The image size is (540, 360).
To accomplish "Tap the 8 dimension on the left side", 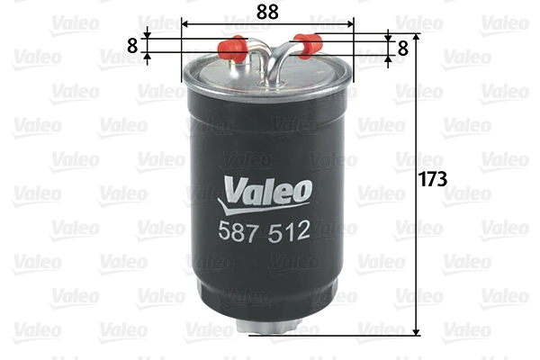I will click(133, 46).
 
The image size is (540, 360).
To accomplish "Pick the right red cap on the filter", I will click(309, 40).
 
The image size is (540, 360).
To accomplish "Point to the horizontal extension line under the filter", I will click(342, 337).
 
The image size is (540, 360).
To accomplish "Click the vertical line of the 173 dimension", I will click(416, 252).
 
